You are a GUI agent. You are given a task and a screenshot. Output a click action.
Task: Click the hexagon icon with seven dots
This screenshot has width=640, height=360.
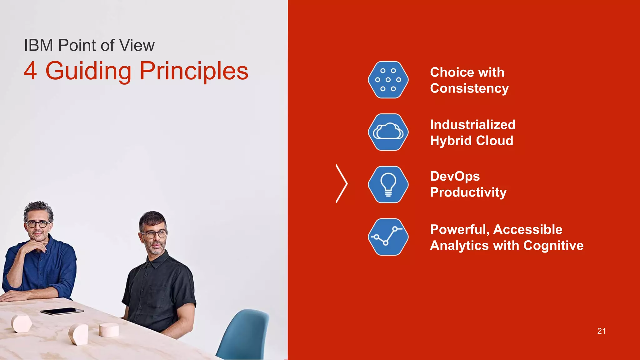click(x=388, y=80)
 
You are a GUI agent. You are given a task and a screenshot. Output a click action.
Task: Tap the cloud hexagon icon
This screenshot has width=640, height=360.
click(x=388, y=132)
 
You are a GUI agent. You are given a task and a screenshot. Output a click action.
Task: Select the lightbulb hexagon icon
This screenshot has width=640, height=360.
click(x=388, y=184)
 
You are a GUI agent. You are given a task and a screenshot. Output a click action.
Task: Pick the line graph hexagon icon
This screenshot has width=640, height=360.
click(x=388, y=237)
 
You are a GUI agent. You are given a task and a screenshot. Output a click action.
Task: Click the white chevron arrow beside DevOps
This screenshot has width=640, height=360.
click(x=342, y=184)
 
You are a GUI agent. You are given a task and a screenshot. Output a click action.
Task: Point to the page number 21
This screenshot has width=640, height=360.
click(x=601, y=331)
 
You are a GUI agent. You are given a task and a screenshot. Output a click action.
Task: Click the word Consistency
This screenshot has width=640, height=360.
click(x=469, y=88)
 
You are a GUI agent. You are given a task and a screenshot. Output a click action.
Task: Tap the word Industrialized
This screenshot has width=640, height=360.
click(x=472, y=125)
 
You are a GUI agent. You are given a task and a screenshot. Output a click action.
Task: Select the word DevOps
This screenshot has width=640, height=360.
click(x=455, y=176)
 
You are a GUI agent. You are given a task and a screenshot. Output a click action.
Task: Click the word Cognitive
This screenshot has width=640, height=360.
click(x=553, y=246)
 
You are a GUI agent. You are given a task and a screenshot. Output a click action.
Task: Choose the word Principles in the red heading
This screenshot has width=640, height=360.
click(x=194, y=71)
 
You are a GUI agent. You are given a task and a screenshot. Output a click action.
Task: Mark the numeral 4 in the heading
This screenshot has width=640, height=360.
click(x=30, y=71)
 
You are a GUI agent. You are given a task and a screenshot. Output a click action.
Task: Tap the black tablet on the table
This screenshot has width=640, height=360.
click(x=62, y=311)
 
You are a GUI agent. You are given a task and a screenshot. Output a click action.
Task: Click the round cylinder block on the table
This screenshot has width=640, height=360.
click(x=109, y=330)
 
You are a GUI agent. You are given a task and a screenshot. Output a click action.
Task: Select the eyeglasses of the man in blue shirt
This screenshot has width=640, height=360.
click(x=37, y=224)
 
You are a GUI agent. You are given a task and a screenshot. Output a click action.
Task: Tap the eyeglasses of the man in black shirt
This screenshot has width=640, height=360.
click(x=153, y=234)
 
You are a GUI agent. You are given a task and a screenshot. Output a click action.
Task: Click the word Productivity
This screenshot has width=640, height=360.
click(x=468, y=192)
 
